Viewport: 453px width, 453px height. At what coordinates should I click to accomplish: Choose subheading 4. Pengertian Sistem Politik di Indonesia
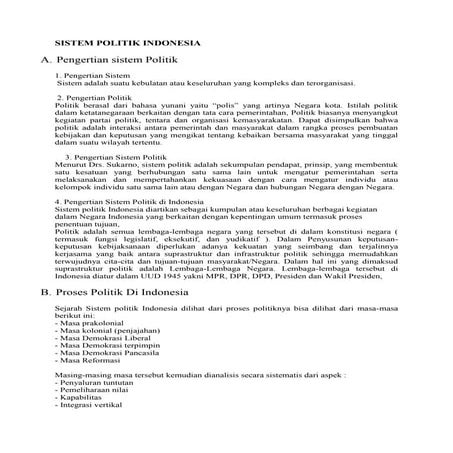[x=133, y=201]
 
